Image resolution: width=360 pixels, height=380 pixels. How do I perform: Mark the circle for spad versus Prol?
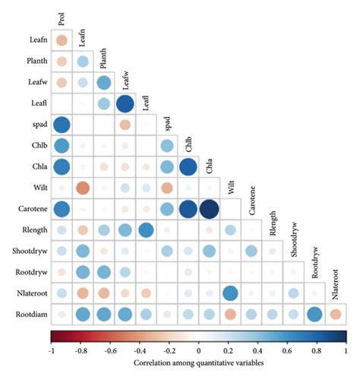pos(62,124)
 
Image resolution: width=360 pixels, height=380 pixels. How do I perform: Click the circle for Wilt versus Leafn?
pos(83,187)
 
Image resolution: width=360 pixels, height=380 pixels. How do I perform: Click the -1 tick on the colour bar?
pos(52,352)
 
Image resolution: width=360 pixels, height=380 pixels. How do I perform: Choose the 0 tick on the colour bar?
pos(199,352)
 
